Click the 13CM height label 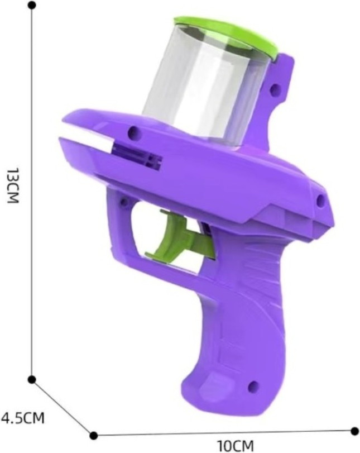[13, 185]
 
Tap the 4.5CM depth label [23, 418]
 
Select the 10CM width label [236, 446]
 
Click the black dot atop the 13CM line [32, 5]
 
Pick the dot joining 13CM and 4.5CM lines [32, 380]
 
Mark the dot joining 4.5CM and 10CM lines [93, 435]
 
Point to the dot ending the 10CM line [354, 431]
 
